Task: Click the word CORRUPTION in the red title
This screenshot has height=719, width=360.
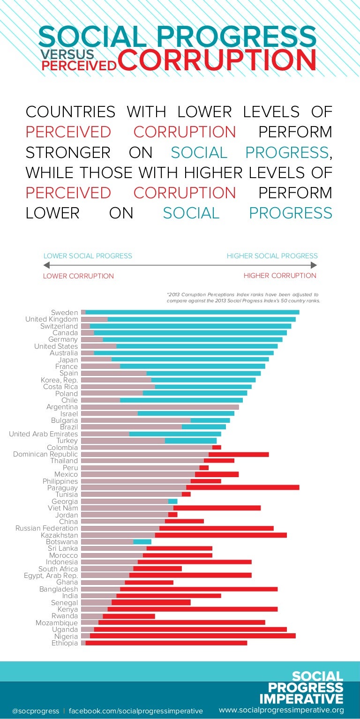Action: point(217,60)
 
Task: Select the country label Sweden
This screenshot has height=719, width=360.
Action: point(65,313)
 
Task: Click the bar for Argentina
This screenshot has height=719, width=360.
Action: point(160,407)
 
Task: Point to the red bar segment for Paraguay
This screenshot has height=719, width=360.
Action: point(242,488)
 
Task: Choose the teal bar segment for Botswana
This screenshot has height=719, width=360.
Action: point(142,542)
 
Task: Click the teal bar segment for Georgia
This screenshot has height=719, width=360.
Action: point(172,502)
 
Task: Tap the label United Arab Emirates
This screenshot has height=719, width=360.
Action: point(44,434)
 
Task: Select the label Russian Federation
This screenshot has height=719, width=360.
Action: point(47,528)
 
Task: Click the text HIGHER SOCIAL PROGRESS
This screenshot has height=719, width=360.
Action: point(272,256)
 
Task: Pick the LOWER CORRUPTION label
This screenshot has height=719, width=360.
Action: point(78,276)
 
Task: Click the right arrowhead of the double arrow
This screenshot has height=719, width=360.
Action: point(314,265)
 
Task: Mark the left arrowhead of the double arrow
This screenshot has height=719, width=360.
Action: point(46,265)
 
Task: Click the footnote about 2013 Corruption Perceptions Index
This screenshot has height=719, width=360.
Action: point(243,298)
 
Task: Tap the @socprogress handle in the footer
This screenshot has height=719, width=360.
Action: point(36,711)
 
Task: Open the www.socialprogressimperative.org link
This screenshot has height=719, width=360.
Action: point(281,710)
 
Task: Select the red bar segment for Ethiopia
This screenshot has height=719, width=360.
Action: point(166,643)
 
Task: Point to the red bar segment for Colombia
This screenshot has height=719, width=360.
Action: point(217,448)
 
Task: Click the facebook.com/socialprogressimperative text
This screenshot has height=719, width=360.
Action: point(136,711)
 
